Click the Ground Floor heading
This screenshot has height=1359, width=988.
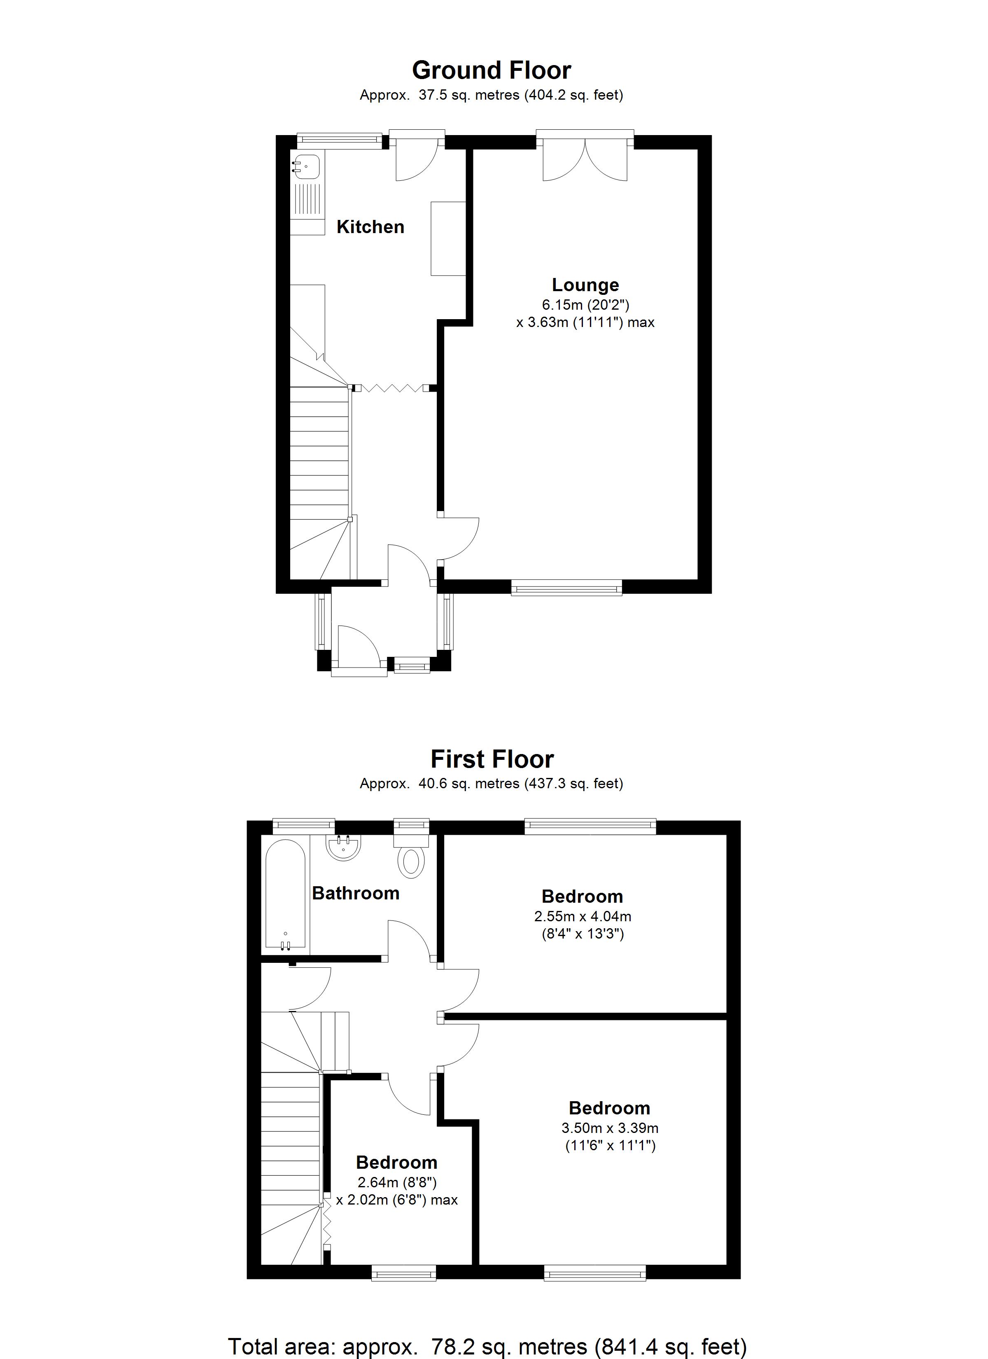coord(491,71)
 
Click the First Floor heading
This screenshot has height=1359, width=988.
coord(492,759)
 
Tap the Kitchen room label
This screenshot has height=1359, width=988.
coord(370,227)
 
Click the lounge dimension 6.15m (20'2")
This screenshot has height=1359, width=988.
coord(585,305)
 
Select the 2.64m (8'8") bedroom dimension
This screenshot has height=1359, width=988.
coord(396,1182)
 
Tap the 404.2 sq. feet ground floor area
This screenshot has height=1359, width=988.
coord(574,95)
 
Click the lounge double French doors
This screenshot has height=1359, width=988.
coord(585,159)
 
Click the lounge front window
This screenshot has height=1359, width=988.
coord(566,588)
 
